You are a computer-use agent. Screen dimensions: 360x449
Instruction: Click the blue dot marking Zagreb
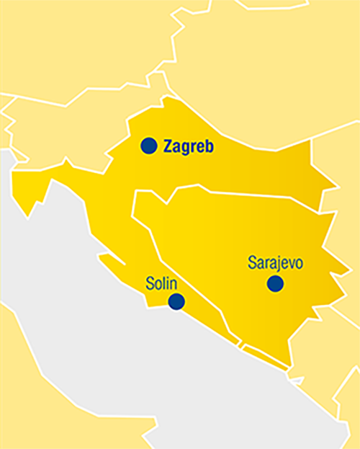click(148, 146)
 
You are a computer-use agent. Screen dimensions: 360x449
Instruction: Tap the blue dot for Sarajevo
click(275, 284)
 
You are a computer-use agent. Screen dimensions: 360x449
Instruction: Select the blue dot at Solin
click(176, 302)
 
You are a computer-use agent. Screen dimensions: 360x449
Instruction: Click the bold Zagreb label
click(189, 147)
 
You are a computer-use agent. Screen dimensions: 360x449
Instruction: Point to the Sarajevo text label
click(275, 263)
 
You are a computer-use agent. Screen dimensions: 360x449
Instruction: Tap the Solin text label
click(161, 281)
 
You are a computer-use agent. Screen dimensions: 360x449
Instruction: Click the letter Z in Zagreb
click(168, 146)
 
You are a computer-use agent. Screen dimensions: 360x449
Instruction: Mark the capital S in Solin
click(149, 281)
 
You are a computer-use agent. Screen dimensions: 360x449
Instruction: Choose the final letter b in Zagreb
click(210, 146)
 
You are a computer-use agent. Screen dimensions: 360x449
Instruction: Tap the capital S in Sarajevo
click(252, 263)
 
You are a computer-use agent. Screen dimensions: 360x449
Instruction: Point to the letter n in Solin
click(174, 282)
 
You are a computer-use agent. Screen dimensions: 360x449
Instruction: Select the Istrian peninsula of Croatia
click(32, 191)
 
